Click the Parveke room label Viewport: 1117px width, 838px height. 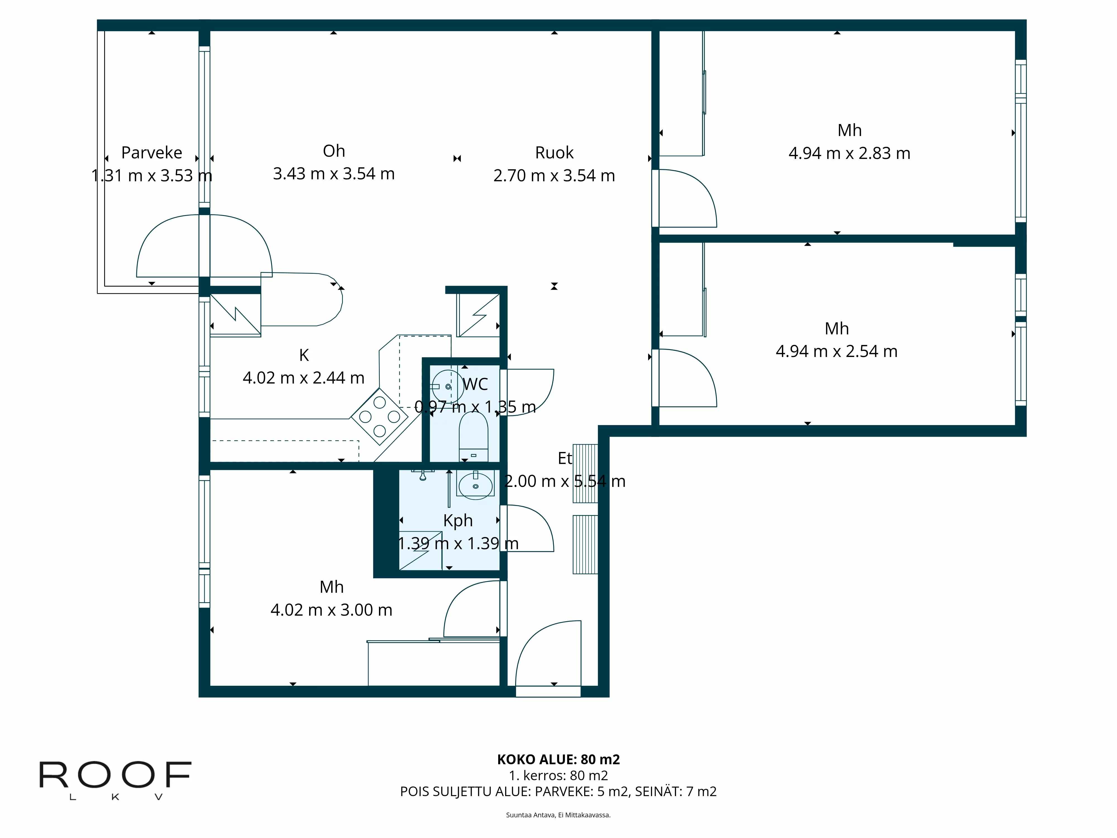151,153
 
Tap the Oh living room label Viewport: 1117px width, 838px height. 334,151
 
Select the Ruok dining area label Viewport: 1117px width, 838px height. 554,153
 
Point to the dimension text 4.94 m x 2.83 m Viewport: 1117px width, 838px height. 849,153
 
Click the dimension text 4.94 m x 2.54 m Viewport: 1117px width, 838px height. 836,351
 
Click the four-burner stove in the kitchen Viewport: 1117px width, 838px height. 379,417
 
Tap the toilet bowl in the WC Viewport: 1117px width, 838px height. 473,432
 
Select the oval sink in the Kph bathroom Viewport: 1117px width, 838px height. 475,486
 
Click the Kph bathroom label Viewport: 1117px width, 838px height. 457,520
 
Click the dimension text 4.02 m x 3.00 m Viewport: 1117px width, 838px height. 331,610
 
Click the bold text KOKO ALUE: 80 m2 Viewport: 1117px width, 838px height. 558,759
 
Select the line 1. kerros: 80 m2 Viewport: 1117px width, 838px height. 558,775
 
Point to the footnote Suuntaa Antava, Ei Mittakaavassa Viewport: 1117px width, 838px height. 558,815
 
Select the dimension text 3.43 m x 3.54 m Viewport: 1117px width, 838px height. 334,174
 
